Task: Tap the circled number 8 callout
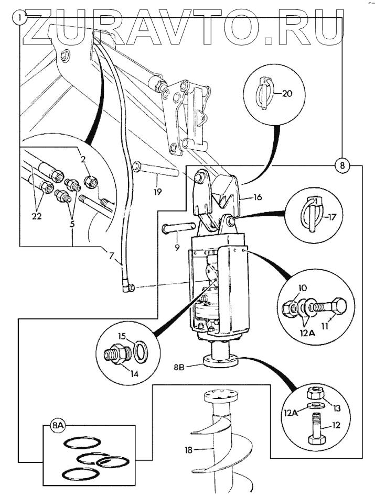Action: [x=342, y=165]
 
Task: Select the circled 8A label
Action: [x=58, y=426]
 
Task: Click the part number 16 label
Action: [x=258, y=197]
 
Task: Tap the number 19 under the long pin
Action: [x=157, y=192]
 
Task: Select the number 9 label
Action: [x=177, y=247]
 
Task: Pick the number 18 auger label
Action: [x=189, y=450]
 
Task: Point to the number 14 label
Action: [x=134, y=374]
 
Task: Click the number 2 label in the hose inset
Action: [x=83, y=159]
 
